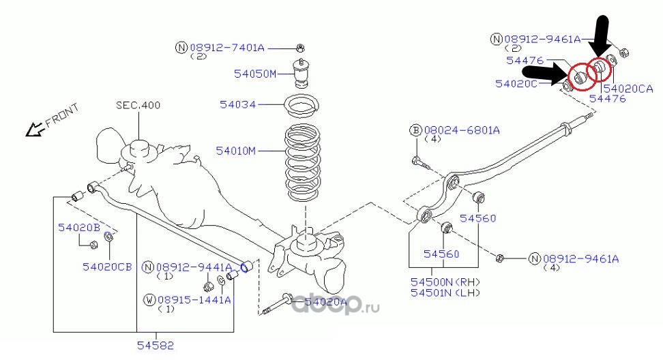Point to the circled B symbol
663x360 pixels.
414,130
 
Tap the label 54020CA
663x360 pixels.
628,89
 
